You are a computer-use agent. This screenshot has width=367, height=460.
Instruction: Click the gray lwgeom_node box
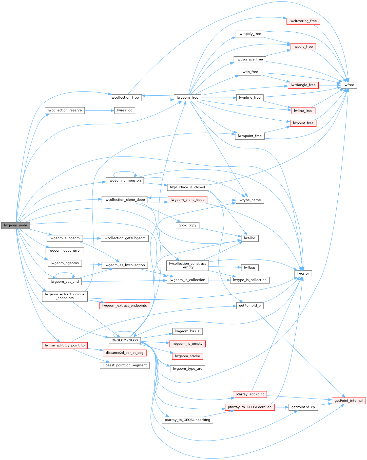[16, 225]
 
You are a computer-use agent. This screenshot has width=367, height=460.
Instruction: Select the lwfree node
[349, 85]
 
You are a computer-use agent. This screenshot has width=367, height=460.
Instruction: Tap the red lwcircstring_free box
[303, 21]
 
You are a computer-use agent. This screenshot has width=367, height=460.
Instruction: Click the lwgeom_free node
[188, 98]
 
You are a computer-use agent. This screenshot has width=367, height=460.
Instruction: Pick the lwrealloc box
[125, 111]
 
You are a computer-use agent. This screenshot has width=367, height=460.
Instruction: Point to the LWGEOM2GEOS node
[125, 340]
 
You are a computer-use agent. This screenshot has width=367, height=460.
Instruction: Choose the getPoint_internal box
[349, 401]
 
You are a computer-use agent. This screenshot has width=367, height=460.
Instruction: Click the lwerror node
[303, 274]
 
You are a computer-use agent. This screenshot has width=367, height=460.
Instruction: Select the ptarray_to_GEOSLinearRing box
[187, 420]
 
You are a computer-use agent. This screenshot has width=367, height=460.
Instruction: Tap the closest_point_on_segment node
[125, 365]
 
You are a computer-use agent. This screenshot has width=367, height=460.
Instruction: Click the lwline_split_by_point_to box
[65, 345]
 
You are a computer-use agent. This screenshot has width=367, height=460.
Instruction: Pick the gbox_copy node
[187, 225]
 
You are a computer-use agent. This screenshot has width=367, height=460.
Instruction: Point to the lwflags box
[250, 267]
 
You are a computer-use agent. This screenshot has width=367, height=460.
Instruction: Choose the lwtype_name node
[250, 200]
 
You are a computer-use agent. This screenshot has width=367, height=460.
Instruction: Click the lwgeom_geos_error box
[65, 251]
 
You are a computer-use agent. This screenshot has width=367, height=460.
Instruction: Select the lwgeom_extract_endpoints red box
[125, 305]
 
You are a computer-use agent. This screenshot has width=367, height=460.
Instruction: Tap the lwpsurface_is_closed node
[187, 187]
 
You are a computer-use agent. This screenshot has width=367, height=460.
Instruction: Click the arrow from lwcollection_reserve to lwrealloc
[99, 111]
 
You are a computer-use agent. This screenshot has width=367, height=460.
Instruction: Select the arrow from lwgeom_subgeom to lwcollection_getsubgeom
[92, 238]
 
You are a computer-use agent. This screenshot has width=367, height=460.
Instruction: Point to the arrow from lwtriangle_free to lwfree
[330, 85]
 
